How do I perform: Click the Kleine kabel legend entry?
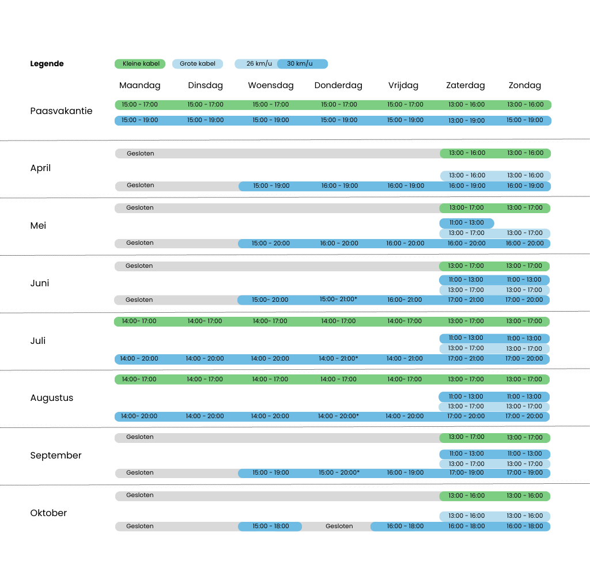(x=140, y=64)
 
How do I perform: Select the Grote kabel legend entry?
(x=198, y=64)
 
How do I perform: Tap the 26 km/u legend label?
(x=259, y=64)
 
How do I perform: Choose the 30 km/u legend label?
(x=300, y=64)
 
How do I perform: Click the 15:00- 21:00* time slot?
(x=338, y=300)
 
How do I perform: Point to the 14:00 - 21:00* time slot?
(x=338, y=359)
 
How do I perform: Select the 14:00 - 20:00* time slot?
(x=338, y=416)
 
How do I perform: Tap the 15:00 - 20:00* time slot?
(x=339, y=473)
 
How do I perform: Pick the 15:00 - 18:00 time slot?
(x=270, y=526)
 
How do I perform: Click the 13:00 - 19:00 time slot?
(x=466, y=121)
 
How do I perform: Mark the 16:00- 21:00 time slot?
(x=404, y=300)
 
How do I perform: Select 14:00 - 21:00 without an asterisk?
(x=404, y=359)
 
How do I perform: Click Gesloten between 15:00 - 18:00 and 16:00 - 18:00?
(x=339, y=526)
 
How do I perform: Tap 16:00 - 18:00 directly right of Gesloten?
(x=405, y=526)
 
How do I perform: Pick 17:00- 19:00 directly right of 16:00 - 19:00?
(x=466, y=473)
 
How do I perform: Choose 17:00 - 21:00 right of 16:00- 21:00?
(x=466, y=300)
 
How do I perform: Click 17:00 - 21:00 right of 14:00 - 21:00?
(x=466, y=359)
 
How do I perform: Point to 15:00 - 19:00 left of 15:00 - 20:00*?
(x=271, y=473)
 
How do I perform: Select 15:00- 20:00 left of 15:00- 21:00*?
(x=270, y=300)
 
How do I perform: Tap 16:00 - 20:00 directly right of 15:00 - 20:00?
(x=339, y=244)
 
